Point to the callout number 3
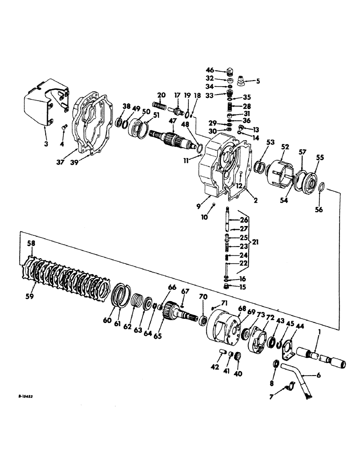[46, 144]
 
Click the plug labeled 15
[227, 286]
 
